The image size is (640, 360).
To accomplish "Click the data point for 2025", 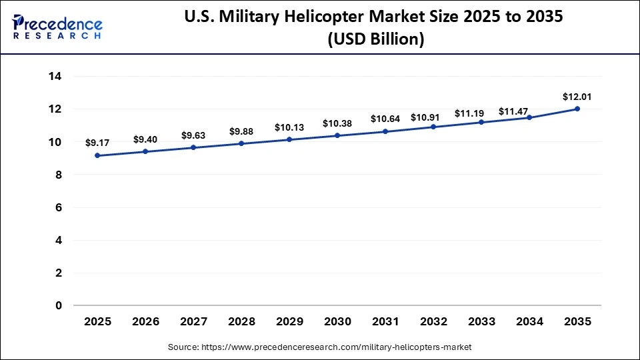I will [x=97, y=155].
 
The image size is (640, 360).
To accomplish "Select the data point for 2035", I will [x=577, y=109].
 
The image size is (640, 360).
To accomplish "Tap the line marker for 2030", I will [x=337, y=135].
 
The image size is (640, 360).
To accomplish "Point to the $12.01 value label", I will [x=577, y=97].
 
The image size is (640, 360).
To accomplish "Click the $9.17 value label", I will [x=97, y=143].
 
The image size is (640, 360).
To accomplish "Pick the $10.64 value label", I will [x=385, y=119].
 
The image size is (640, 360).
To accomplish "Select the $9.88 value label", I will [x=241, y=131].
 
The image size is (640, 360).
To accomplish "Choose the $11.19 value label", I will [x=481, y=113].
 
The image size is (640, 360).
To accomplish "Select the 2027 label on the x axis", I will [x=193, y=321].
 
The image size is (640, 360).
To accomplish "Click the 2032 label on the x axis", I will [x=433, y=321].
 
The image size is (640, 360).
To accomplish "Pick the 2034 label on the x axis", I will [x=529, y=321].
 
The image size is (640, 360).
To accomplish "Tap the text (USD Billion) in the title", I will [x=375, y=39].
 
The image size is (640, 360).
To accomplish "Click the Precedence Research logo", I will [x=57, y=27].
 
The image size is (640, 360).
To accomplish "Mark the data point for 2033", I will [x=481, y=122].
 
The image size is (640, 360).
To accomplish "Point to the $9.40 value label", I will [x=145, y=139].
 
